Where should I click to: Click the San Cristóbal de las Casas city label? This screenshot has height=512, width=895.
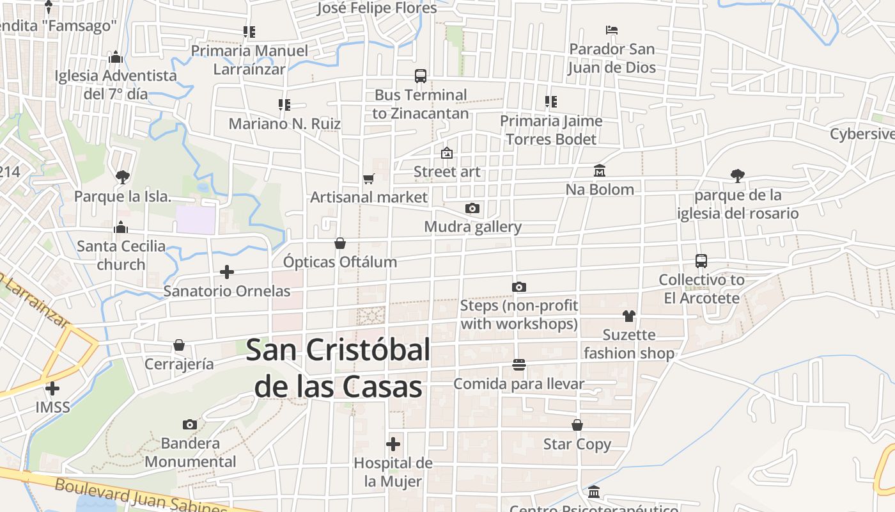(x=338, y=369)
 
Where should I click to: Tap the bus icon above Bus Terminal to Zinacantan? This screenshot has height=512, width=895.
(x=421, y=76)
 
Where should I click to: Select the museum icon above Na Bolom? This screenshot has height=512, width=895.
(x=600, y=170)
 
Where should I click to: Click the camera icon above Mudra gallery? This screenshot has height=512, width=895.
(x=472, y=208)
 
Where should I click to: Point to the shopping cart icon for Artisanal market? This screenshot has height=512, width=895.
(x=368, y=179)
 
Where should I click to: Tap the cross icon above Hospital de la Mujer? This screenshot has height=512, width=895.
(x=393, y=444)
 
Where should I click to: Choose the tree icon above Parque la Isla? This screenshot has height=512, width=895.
(x=122, y=177)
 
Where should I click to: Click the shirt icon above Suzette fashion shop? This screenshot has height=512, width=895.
(x=629, y=316)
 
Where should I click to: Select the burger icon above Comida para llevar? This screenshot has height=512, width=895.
(x=519, y=365)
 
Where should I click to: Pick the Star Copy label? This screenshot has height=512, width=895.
(x=577, y=444)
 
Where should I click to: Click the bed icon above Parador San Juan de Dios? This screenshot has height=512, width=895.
(x=612, y=29)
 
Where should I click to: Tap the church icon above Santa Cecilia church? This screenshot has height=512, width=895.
(x=121, y=227)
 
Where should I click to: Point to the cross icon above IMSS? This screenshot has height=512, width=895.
(x=52, y=388)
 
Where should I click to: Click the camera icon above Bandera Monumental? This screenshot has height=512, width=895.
(x=190, y=424)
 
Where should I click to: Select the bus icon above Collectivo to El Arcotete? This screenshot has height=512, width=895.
(x=701, y=261)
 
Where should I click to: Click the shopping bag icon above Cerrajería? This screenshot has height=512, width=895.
(x=179, y=346)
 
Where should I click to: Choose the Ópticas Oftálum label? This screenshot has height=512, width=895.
(x=340, y=262)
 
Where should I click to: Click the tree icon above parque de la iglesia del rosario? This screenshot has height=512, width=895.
(x=738, y=175)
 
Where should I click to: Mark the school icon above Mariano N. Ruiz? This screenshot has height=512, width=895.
(x=284, y=104)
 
